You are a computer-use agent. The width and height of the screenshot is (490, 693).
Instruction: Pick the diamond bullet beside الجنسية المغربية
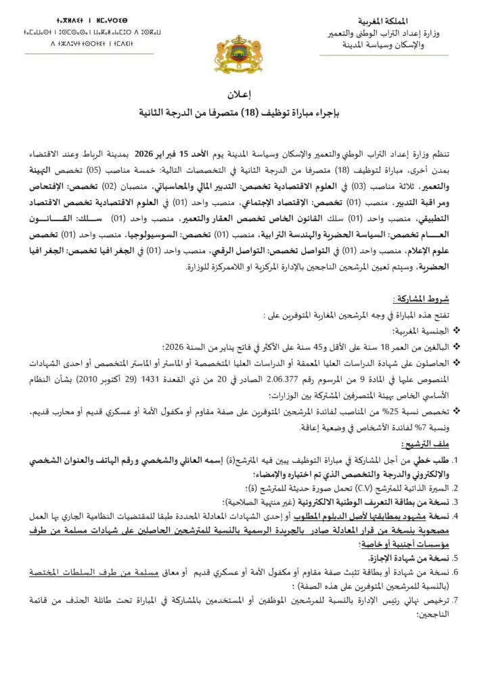[x=458, y=331]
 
